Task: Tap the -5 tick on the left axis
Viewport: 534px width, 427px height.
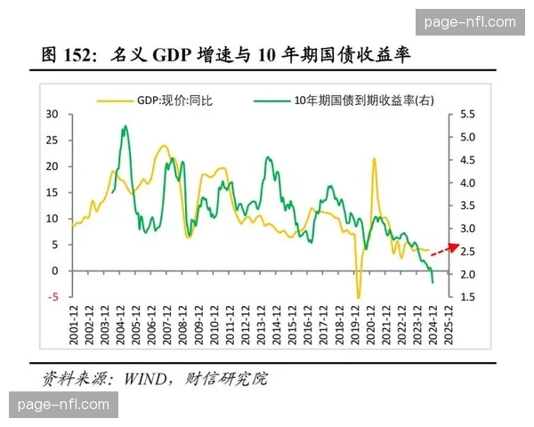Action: click(53, 297)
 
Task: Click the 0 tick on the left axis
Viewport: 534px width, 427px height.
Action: click(55, 271)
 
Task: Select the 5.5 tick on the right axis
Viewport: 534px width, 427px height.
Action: click(468, 115)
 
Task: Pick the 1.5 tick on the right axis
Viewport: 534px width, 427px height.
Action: click(468, 297)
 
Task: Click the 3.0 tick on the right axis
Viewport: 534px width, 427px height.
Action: click(468, 229)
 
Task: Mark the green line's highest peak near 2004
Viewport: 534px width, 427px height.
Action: click(125, 127)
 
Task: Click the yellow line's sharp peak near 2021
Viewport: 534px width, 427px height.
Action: click(374, 159)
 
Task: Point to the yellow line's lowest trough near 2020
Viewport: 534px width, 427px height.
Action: click(359, 297)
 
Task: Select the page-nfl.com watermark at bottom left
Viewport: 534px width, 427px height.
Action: click(63, 405)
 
